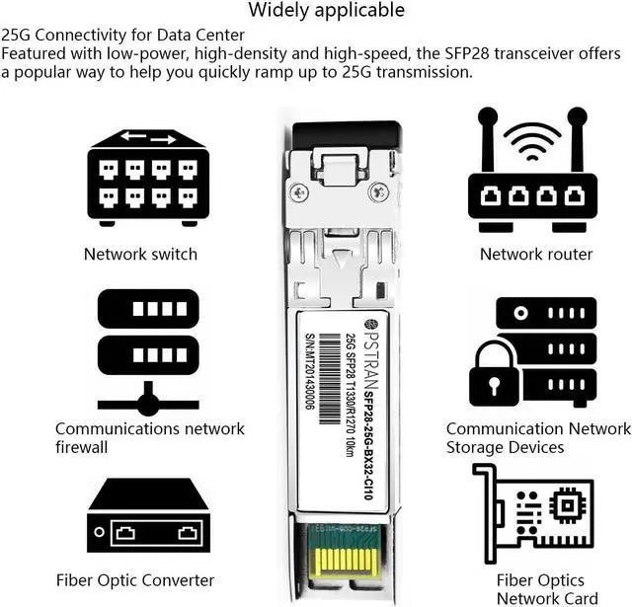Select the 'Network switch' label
pyautogui.click(x=140, y=254)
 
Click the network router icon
pyautogui.click(x=532, y=174)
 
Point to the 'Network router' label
pyautogui.click(x=536, y=254)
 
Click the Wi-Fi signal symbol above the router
pyautogui.click(x=532, y=139)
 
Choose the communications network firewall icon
pyautogui.click(x=148, y=350)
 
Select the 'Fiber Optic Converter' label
pyautogui.click(x=135, y=579)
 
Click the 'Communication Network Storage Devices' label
pyautogui.click(x=538, y=437)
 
